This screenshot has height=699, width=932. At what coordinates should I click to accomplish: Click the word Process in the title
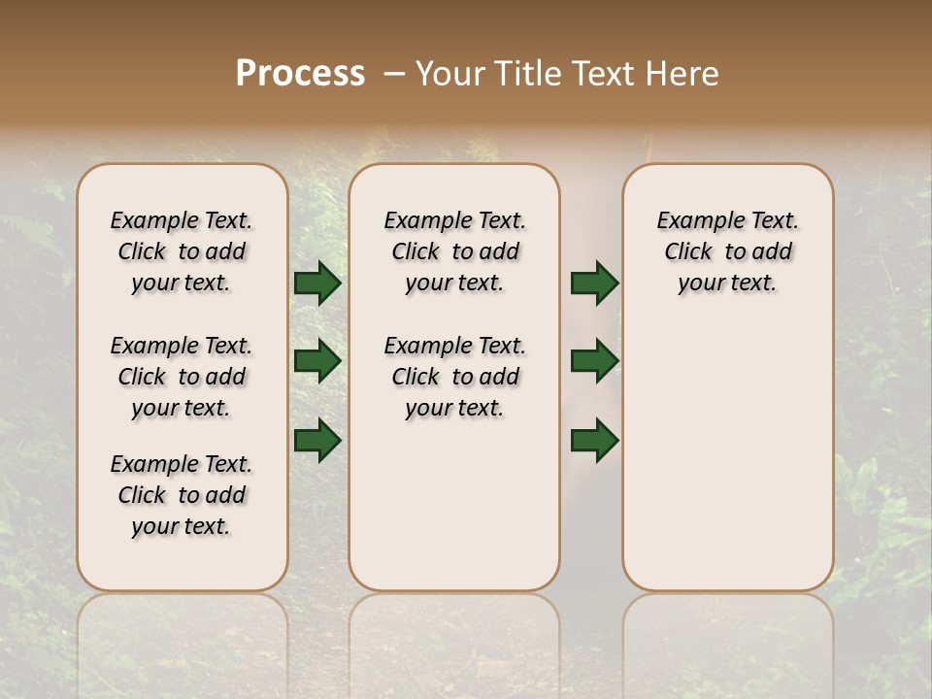(300, 73)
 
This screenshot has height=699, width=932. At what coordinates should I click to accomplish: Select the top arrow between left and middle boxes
(316, 283)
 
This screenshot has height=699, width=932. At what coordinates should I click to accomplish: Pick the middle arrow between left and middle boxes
(316, 362)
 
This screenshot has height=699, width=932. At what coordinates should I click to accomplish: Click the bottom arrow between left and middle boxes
(316, 441)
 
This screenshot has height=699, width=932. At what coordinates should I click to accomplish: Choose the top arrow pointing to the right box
(594, 283)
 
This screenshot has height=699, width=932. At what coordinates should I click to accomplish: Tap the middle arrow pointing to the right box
(594, 362)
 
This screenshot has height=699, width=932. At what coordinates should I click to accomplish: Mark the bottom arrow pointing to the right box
(594, 441)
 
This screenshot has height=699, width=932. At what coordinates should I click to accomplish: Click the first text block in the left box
(182, 251)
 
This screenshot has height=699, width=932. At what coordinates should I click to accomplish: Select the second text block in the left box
(182, 377)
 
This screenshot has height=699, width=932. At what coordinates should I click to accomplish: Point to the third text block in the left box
(182, 495)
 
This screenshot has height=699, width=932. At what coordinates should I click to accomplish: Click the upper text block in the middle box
(454, 251)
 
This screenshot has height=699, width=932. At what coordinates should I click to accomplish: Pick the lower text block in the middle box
(454, 377)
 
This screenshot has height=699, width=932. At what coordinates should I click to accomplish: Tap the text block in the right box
(727, 251)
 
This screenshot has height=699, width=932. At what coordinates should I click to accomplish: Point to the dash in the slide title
(393, 73)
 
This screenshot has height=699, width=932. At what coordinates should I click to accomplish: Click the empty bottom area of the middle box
(454, 515)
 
